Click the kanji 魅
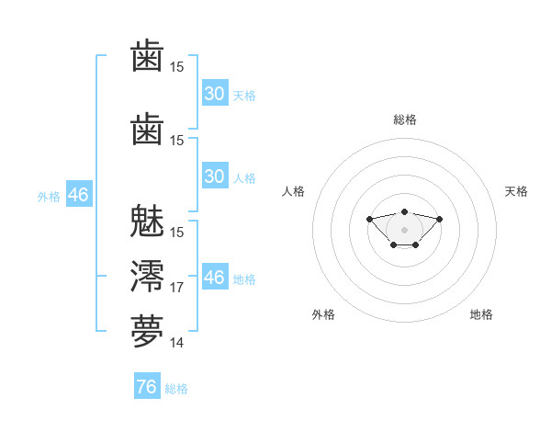[147, 221]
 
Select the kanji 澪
[147, 276]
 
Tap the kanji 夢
[147, 331]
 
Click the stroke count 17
[176, 288]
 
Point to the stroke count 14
[176, 343]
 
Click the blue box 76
[147, 385]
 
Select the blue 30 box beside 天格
[215, 93]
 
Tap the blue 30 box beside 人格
[215, 176]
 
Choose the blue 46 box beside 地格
[215, 276]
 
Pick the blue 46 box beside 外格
[79, 194]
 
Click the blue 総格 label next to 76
[176, 389]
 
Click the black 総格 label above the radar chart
[405, 119]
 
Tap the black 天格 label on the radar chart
[516, 191]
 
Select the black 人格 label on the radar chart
[293, 191]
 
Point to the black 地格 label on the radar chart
[481, 314]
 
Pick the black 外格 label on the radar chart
[323, 314]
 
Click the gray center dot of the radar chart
[404, 230]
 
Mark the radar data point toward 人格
[369, 219]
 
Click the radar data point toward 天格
[439, 219]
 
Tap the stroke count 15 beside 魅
[176, 233]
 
